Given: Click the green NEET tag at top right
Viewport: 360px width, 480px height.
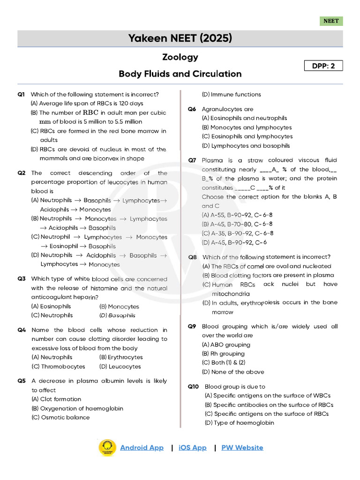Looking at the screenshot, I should [331, 21].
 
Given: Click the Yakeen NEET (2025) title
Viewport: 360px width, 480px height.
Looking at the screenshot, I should [180, 38].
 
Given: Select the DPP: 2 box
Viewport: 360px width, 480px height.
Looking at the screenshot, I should [323, 66].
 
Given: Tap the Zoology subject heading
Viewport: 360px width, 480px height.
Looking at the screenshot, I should [180, 57].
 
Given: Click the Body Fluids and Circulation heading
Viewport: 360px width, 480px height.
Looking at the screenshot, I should [180, 74].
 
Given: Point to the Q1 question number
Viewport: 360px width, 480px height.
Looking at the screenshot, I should [21, 94].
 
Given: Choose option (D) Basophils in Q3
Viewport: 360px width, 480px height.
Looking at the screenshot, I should [117, 315].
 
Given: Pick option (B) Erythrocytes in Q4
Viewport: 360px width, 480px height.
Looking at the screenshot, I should [121, 357].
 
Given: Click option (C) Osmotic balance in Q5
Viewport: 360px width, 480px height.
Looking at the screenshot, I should [60, 417].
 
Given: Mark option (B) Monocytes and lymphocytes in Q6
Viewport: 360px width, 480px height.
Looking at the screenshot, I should [247, 127].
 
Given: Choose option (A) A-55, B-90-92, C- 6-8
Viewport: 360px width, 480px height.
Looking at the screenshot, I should [238, 215].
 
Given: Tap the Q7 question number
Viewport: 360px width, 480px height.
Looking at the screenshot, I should [192, 160].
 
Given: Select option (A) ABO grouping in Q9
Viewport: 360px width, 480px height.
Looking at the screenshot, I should [226, 345].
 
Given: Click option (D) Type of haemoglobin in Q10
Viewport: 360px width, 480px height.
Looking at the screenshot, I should [239, 423].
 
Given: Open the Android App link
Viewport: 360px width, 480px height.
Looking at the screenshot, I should [142, 448].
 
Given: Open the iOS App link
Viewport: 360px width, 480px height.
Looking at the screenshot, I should [192, 448].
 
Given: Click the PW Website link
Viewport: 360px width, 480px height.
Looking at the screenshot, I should [242, 448].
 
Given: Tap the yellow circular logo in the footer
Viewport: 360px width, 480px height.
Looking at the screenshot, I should [107, 448].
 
